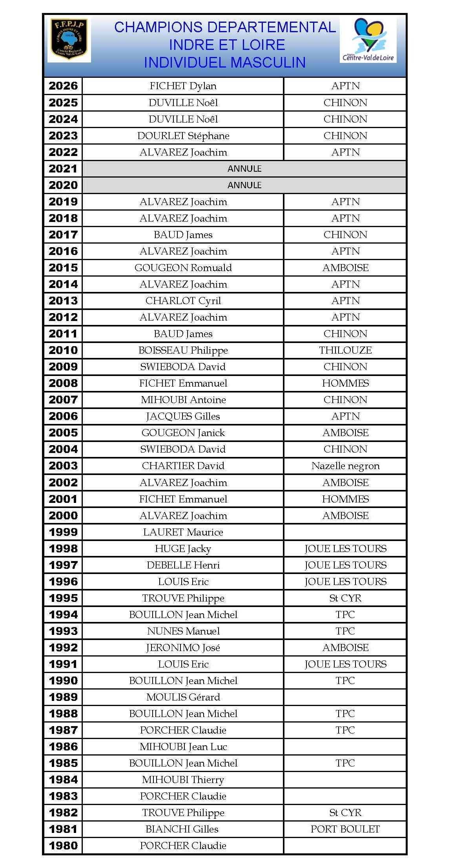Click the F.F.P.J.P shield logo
coord(69,40)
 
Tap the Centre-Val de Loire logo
coord(368,40)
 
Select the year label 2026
coord(63,86)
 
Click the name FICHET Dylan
coord(183,86)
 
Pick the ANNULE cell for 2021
coord(244,169)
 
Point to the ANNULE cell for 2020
coord(244,185)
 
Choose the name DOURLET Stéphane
coord(183,136)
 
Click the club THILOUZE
coord(345,350)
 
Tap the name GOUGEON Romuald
coord(183,268)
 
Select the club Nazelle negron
coord(345,466)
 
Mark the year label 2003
coord(63,466)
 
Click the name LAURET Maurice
coord(183,532)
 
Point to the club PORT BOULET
coord(345,829)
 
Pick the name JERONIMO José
coord(183,647)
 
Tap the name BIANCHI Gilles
coord(182,829)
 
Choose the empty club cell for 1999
coord(345,532)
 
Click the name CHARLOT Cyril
coord(183,301)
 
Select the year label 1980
coord(63,845)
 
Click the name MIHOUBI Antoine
coord(183,400)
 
